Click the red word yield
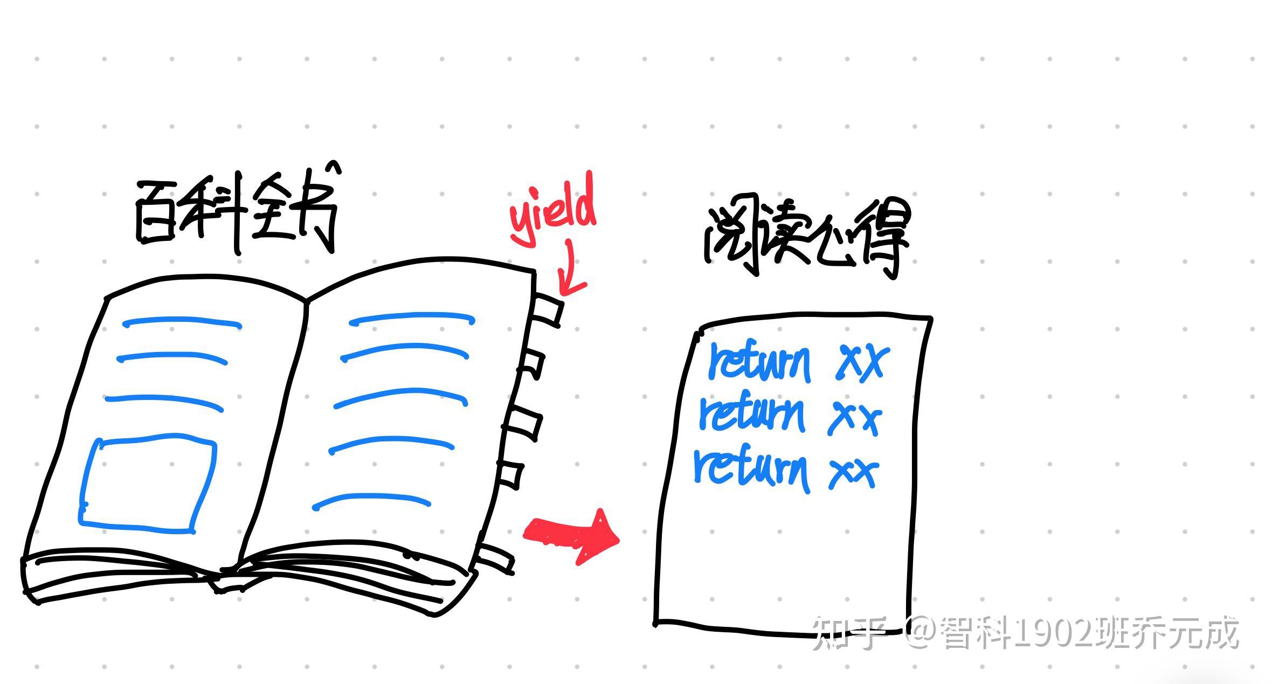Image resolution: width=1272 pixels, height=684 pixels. [x=552, y=213]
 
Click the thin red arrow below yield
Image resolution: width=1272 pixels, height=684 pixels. [x=569, y=272]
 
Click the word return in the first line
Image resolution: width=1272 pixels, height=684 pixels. [x=760, y=362]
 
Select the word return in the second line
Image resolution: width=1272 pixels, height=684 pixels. [x=752, y=414]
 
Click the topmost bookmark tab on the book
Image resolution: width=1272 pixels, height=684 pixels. [x=548, y=310]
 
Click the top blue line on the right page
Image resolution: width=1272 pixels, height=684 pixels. [x=412, y=318]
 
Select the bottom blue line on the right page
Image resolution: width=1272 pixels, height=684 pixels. [x=372, y=500]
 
